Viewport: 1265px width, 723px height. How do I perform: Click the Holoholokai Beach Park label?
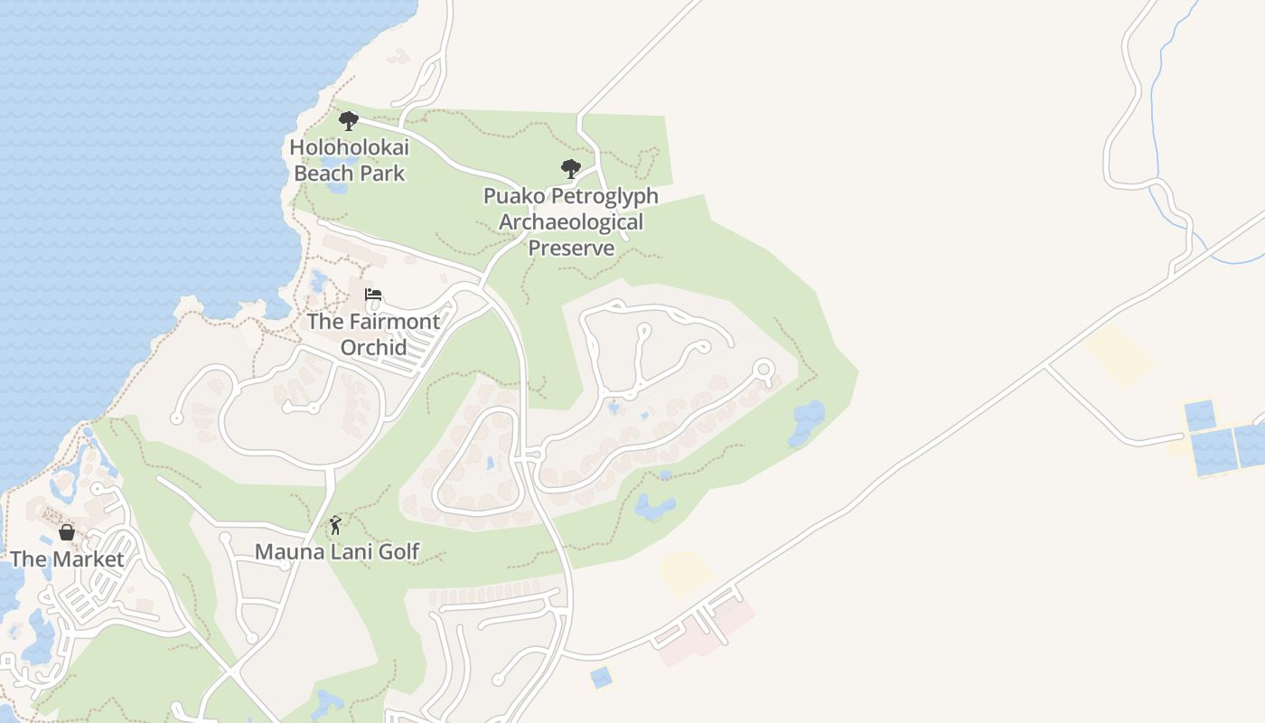click(350, 160)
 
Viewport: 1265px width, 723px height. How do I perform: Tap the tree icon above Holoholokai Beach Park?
click(349, 121)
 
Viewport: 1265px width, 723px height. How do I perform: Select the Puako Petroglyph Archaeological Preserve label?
click(571, 221)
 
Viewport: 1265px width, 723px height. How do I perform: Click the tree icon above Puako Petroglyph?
click(570, 169)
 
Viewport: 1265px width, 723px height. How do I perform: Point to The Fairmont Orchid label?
click(373, 333)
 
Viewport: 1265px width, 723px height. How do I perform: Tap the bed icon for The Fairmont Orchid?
click(373, 295)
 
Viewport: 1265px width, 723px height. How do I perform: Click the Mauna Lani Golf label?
click(337, 551)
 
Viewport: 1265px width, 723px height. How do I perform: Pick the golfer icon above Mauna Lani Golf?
click(335, 524)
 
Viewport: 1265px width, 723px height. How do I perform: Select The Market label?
click(67, 559)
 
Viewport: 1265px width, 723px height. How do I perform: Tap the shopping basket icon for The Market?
click(67, 532)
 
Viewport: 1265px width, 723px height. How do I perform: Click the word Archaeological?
click(571, 221)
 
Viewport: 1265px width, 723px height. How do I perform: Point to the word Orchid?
click(373, 347)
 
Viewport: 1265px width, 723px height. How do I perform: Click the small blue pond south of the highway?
click(600, 677)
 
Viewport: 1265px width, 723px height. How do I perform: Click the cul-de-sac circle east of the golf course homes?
click(764, 369)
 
